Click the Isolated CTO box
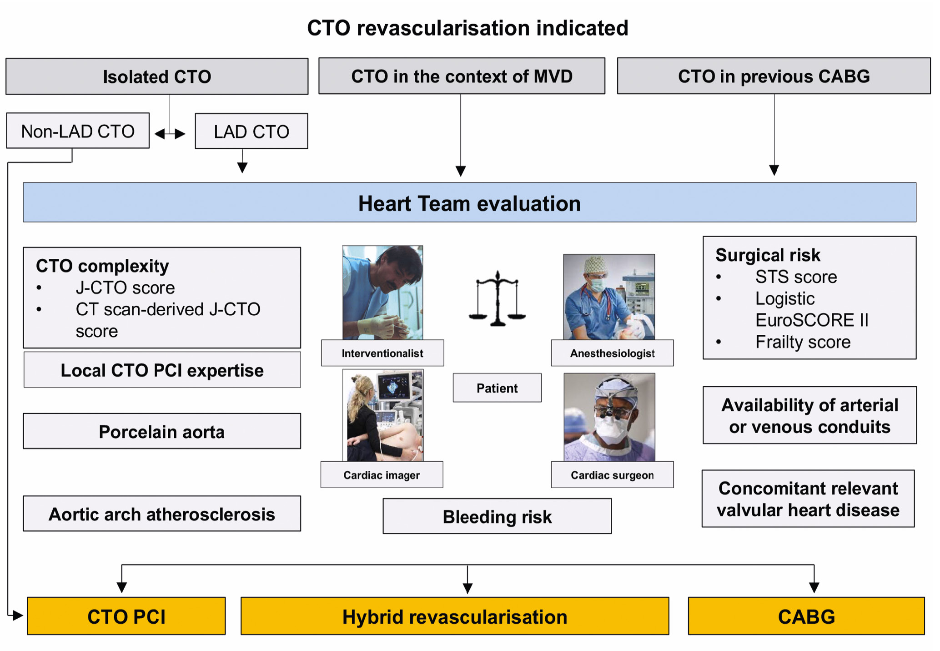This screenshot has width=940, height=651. [x=157, y=76]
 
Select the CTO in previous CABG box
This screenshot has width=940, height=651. [x=774, y=76]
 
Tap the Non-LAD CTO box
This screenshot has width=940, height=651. [x=78, y=131]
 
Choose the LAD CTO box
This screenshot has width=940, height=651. [x=251, y=131]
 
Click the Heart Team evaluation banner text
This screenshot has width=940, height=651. [x=469, y=203]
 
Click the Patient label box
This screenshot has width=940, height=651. [x=497, y=388]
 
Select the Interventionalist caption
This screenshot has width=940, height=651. [x=382, y=353]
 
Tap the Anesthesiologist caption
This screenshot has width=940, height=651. [x=612, y=353]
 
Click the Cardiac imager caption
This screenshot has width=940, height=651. [x=382, y=475]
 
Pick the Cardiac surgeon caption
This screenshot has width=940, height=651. [x=612, y=475]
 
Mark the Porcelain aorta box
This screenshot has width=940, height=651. [x=162, y=431]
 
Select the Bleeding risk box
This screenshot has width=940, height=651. [x=497, y=516]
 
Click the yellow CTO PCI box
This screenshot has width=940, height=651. [x=126, y=616]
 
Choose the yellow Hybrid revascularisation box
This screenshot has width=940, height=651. [x=455, y=616]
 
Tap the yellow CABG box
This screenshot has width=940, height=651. [x=806, y=616]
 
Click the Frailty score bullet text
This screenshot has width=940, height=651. [x=803, y=342]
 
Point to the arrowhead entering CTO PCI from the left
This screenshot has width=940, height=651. [x=18, y=616]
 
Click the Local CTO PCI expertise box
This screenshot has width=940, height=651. [x=162, y=370]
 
